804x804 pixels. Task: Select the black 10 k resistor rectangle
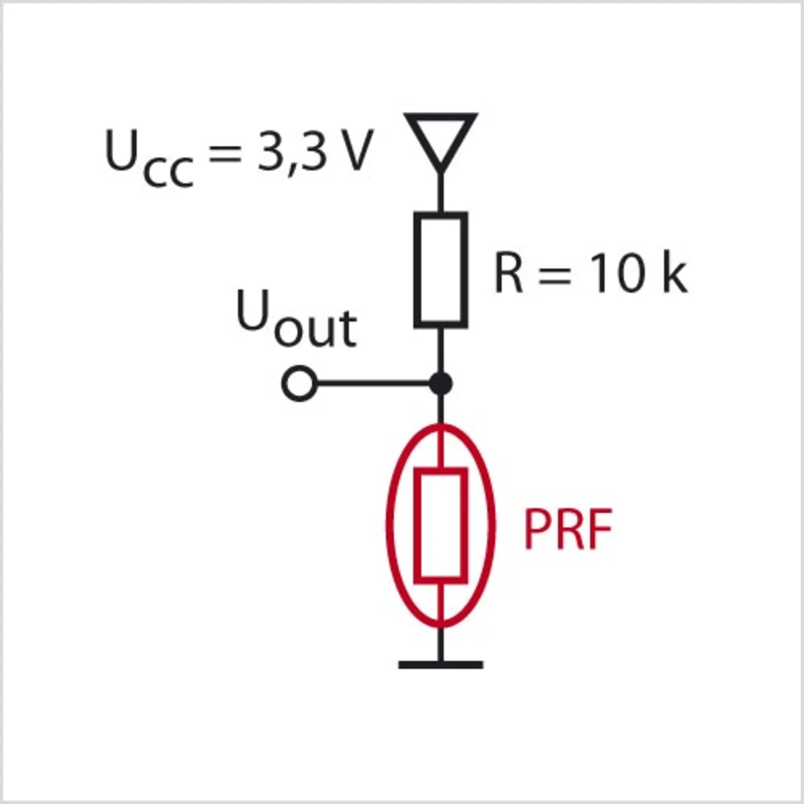tap(441, 270)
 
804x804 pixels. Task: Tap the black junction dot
tap(441, 383)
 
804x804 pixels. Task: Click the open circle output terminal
tap(298, 383)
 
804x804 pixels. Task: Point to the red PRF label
tap(567, 530)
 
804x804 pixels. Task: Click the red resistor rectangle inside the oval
tap(441, 525)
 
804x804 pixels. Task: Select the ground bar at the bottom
tap(441, 664)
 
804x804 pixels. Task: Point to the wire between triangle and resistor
tap(441, 192)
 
